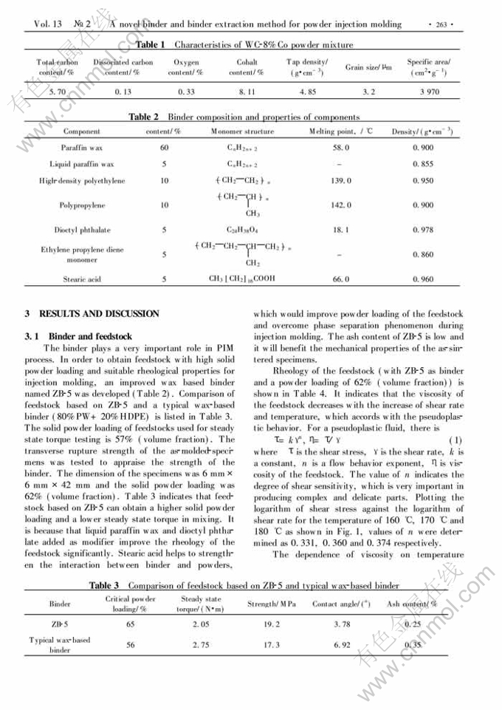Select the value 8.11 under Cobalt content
(247, 92)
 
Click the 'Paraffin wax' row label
(82, 148)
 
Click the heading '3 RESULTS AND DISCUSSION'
(92, 314)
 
